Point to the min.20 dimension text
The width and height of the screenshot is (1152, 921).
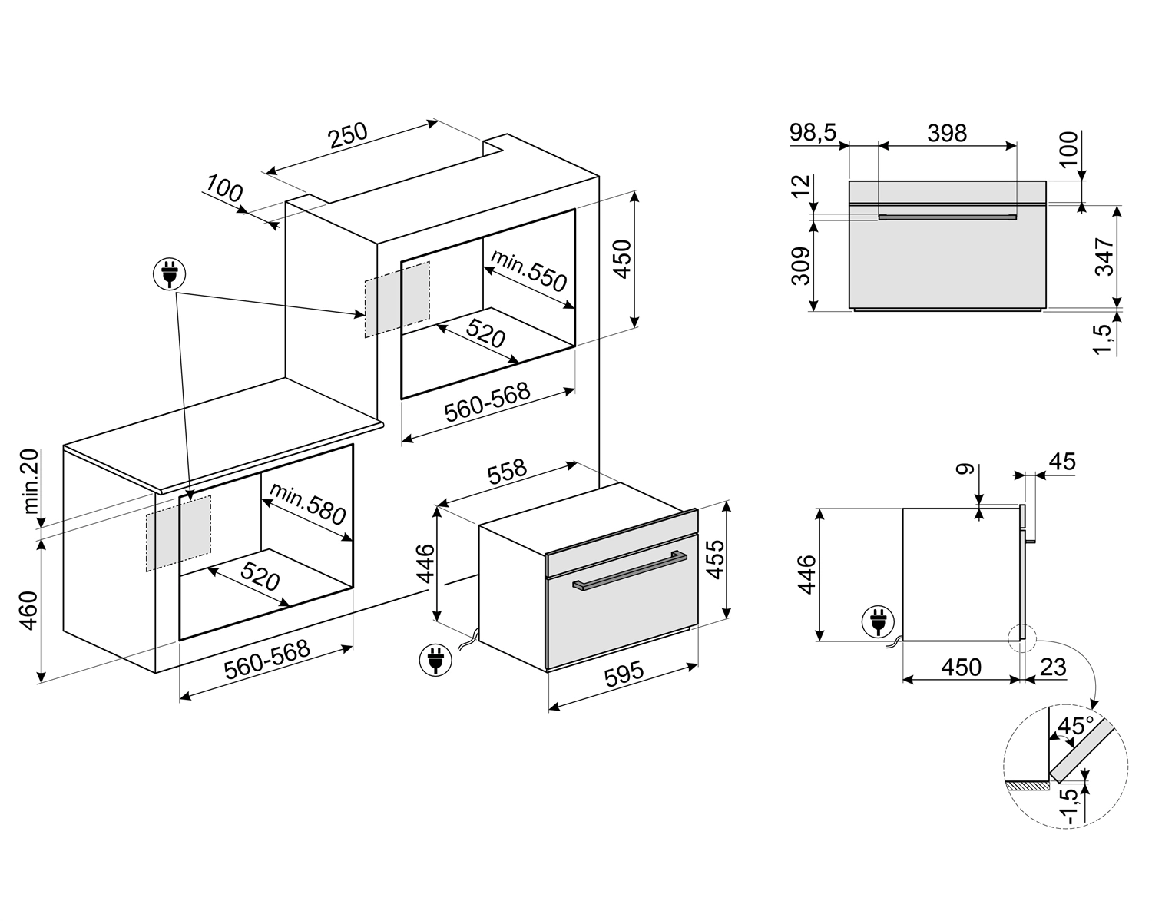point(31,482)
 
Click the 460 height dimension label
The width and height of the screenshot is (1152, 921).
point(29,610)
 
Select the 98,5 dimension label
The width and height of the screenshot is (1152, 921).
point(813,134)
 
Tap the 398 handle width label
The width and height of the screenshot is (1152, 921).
point(946,134)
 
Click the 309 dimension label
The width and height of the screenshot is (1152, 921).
point(801,266)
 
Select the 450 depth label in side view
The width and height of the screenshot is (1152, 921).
point(961,667)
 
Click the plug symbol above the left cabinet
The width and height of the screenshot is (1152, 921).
point(170,274)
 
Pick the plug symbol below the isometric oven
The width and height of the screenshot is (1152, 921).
point(435,659)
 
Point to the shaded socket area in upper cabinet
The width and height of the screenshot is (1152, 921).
point(397,299)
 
